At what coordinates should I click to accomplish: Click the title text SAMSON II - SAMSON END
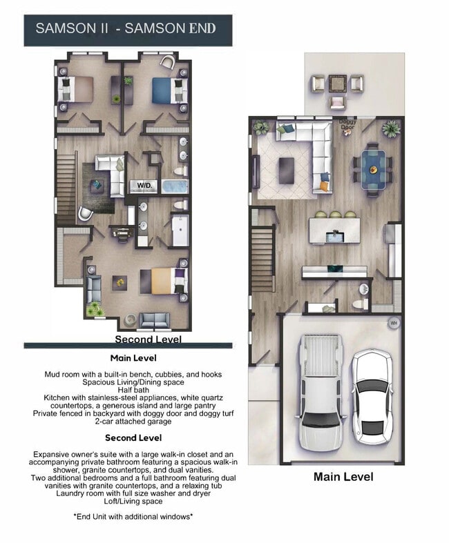click(x=126, y=28)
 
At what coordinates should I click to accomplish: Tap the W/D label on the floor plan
click(x=145, y=186)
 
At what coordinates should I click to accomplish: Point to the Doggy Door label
click(x=347, y=125)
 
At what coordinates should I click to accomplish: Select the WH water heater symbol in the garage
click(x=394, y=322)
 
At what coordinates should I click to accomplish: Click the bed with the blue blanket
click(x=168, y=90)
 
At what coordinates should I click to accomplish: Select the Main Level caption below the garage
click(x=343, y=477)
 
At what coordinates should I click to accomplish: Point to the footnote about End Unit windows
click(x=133, y=516)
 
